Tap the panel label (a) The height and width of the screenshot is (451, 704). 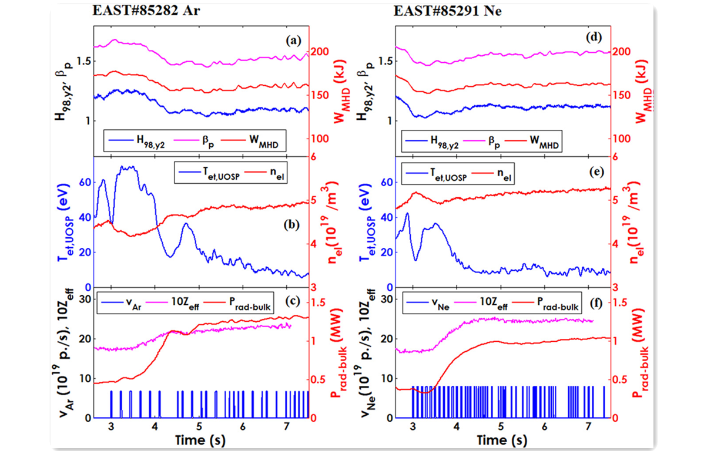[293, 41]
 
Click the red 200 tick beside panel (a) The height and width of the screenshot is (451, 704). [320, 52]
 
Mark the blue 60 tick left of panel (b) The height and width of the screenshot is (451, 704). [86, 182]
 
